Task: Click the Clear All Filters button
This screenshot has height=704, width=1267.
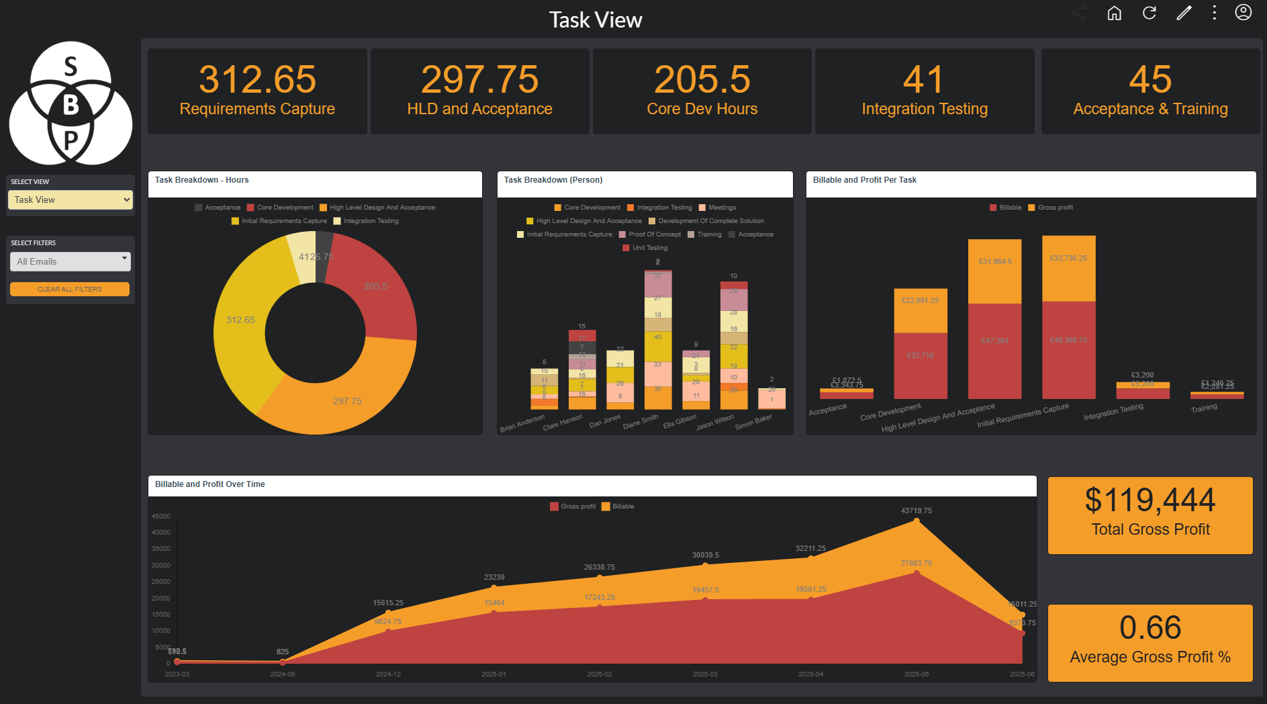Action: pos(70,289)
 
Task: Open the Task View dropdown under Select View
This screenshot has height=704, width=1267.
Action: pos(70,200)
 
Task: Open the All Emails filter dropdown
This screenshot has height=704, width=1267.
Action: pos(70,261)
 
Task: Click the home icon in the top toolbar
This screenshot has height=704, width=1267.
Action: pos(1114,13)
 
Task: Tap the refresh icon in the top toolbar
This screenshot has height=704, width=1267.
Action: pos(1149,13)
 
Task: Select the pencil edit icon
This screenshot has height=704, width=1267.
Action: pos(1184,13)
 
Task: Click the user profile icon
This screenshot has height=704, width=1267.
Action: pos(1243,13)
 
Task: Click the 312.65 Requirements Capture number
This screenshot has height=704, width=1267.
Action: pos(257,79)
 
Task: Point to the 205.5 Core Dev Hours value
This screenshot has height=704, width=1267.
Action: pos(702,79)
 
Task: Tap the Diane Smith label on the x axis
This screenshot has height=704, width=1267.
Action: pos(641,422)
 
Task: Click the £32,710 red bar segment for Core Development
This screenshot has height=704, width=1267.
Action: pos(920,355)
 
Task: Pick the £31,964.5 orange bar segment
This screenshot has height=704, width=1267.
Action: pos(994,261)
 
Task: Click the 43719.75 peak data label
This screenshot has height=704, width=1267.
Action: pos(916,511)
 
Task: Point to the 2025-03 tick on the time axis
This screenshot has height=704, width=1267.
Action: pos(705,674)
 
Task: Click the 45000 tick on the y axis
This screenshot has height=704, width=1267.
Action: pos(161,517)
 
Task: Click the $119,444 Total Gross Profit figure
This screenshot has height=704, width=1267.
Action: pos(1149,500)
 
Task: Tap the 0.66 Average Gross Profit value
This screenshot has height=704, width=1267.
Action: pos(1149,627)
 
